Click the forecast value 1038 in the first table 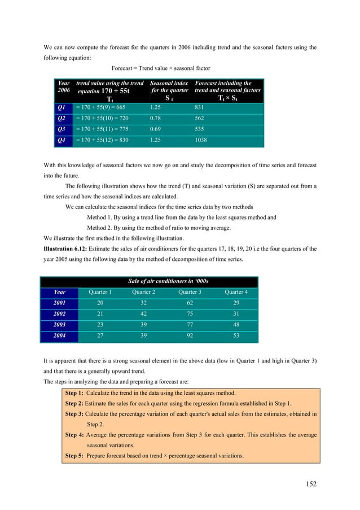[x=202, y=140]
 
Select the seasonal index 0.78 [x=157, y=119]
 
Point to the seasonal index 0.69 [x=157, y=129]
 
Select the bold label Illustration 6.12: [x=66, y=249]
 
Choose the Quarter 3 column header [x=190, y=292]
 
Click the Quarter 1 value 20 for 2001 [x=100, y=303]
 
